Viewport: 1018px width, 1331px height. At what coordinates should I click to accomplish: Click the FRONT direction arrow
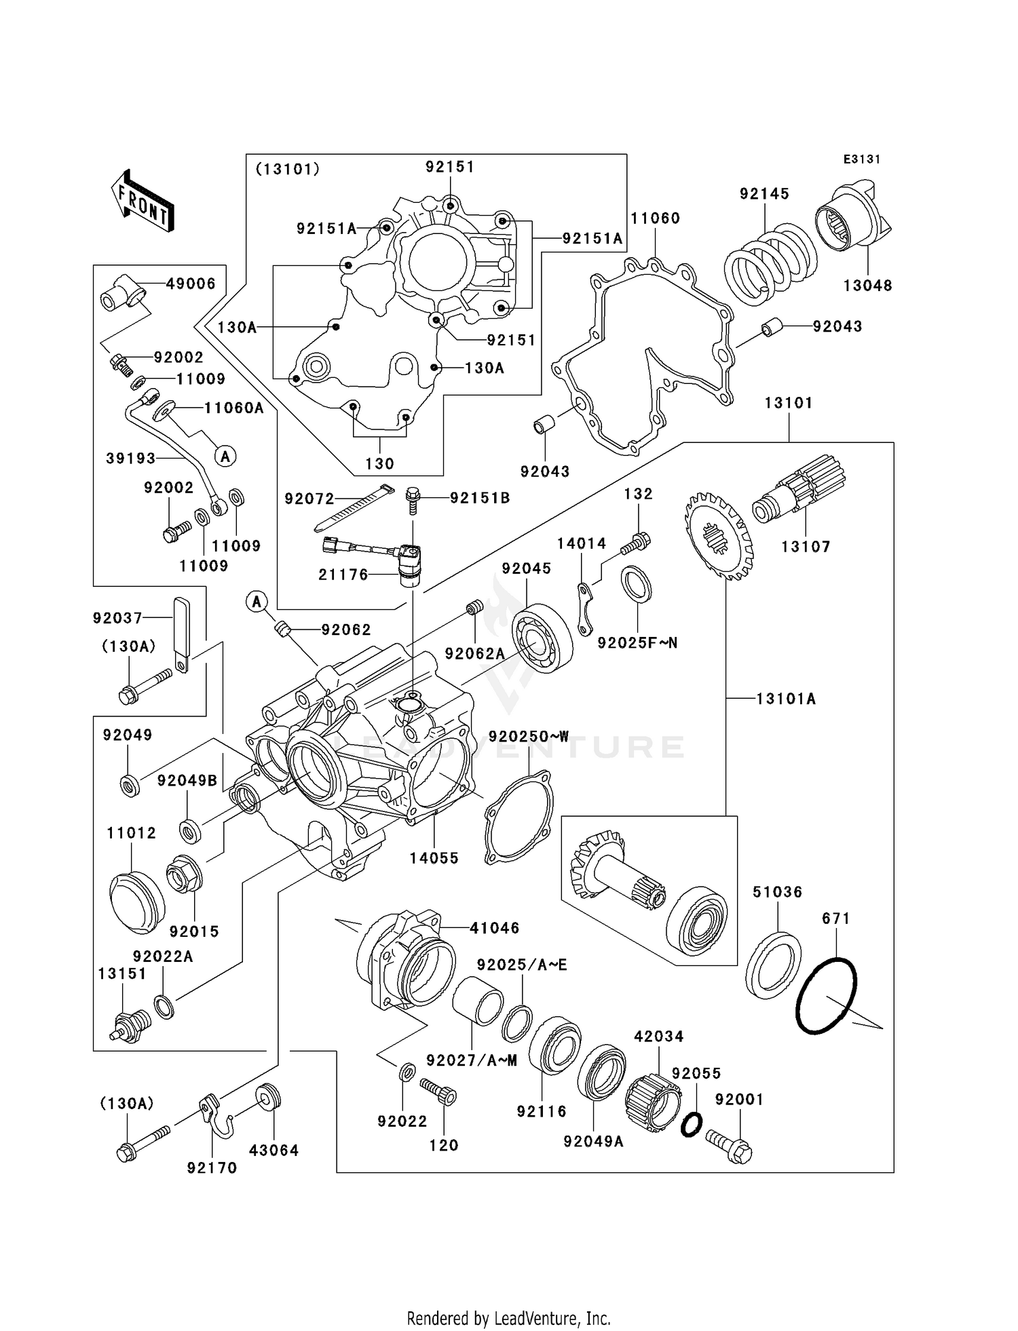click(x=143, y=202)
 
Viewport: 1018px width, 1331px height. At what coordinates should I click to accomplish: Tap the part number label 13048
click(x=867, y=286)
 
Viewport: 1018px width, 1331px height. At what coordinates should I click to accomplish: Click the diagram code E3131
click(x=861, y=159)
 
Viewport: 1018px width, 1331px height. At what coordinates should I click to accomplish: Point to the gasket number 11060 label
click(x=655, y=218)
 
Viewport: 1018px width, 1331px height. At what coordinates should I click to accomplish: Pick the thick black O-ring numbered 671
click(x=826, y=996)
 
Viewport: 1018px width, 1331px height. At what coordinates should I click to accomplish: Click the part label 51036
click(x=777, y=892)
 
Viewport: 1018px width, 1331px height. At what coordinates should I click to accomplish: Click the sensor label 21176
click(x=343, y=575)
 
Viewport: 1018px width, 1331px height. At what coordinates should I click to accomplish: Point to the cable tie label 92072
click(x=309, y=499)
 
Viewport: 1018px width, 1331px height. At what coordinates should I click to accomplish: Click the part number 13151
click(x=122, y=973)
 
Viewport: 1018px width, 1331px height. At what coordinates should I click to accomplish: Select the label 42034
click(x=658, y=1037)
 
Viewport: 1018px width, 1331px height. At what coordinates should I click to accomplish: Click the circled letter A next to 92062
click(x=257, y=600)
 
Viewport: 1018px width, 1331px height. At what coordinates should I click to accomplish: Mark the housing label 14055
click(x=434, y=858)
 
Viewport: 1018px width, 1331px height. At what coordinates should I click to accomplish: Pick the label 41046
click(x=495, y=927)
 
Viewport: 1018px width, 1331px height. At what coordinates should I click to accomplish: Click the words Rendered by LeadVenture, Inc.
click(x=508, y=1318)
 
